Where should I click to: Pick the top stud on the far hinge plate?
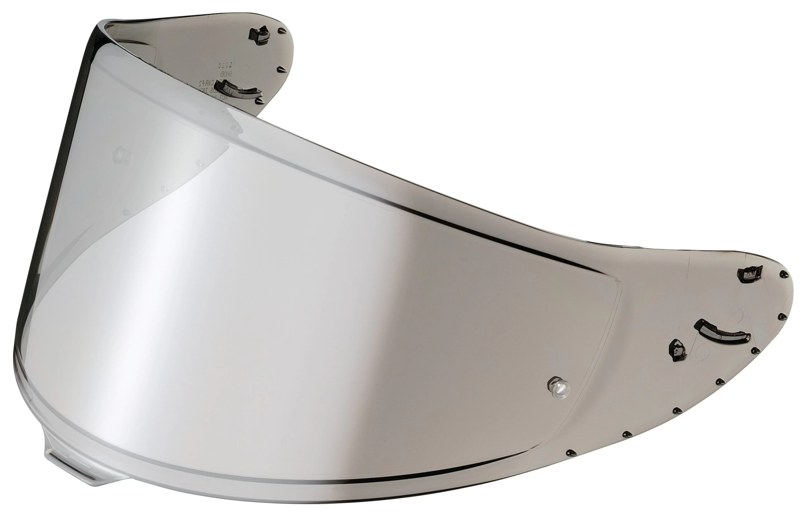[x=280, y=31]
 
